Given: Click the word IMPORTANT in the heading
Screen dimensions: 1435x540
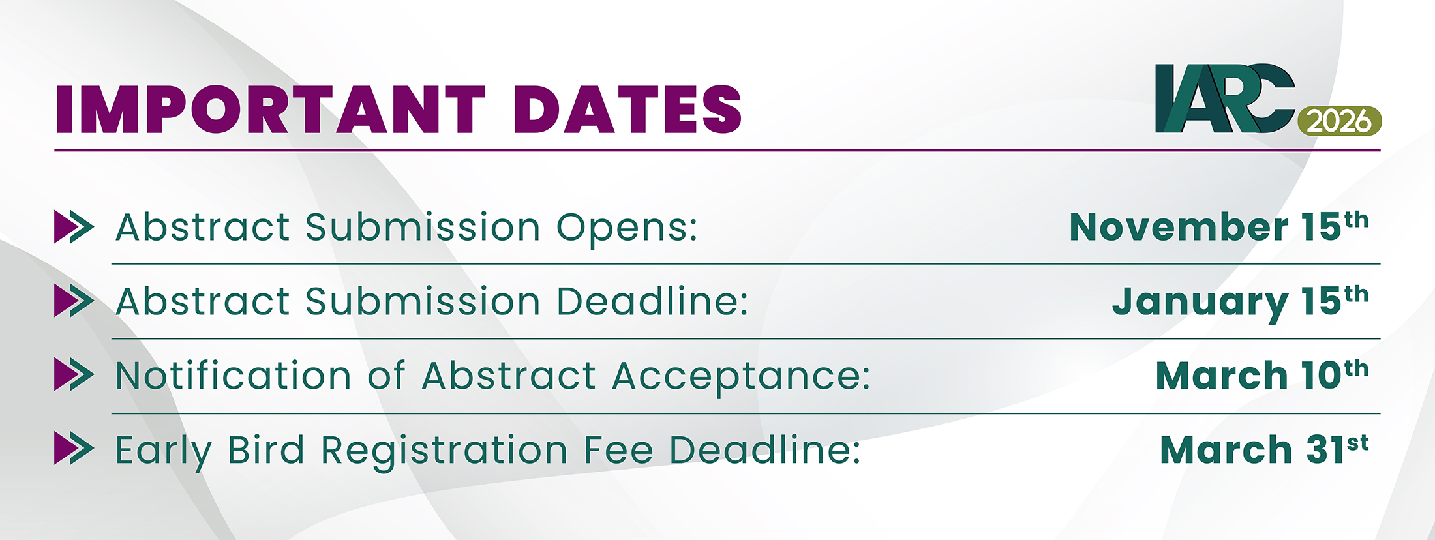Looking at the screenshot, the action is pyautogui.click(x=271, y=109).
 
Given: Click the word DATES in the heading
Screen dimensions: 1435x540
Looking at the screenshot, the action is pyautogui.click(x=627, y=109).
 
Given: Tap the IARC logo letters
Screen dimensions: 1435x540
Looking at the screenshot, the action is pyautogui.click(x=1224, y=98).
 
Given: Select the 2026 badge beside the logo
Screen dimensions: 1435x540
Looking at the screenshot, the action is pyautogui.click(x=1340, y=121).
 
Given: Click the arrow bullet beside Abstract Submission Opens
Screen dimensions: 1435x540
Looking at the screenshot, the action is pyautogui.click(x=74, y=227).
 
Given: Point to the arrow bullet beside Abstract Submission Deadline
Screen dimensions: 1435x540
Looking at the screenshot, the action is pyautogui.click(x=74, y=301).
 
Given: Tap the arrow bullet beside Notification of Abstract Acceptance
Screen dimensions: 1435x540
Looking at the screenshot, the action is pyautogui.click(x=74, y=375).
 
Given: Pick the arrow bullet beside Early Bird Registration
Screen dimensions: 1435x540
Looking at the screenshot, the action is pyautogui.click(x=74, y=449).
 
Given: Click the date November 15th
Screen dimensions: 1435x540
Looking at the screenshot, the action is pyautogui.click(x=1219, y=226).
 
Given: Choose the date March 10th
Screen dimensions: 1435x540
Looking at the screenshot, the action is pyautogui.click(x=1262, y=375).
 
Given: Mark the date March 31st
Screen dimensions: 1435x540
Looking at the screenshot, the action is pyautogui.click(x=1264, y=449).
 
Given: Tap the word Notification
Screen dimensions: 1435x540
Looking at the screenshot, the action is pyautogui.click(x=234, y=375).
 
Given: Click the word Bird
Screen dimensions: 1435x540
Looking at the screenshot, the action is pyautogui.click(x=266, y=449).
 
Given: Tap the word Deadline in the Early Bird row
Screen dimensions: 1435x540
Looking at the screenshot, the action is pyautogui.click(x=765, y=449).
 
